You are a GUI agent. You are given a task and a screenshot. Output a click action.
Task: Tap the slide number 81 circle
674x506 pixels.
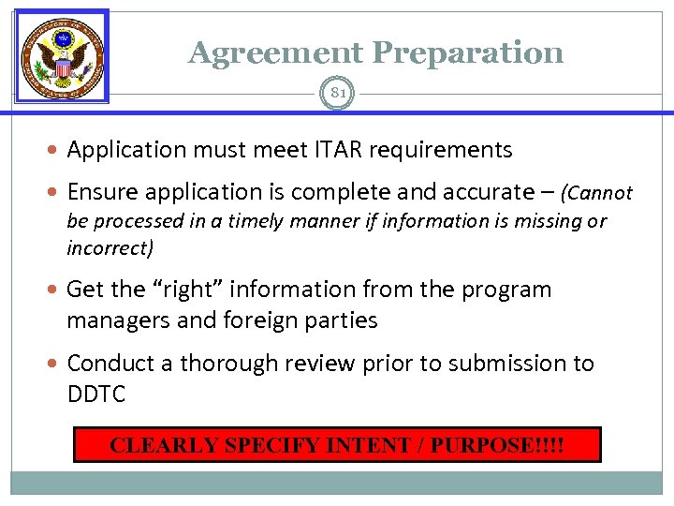coord(337,92)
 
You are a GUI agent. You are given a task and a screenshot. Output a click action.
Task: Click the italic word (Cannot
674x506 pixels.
coord(596,193)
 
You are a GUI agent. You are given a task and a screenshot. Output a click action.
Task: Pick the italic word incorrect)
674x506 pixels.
coord(110,248)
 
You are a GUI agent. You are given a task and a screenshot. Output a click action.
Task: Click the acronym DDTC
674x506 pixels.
coord(95,394)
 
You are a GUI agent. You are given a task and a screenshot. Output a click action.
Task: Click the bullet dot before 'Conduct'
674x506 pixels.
coord(56,363)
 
